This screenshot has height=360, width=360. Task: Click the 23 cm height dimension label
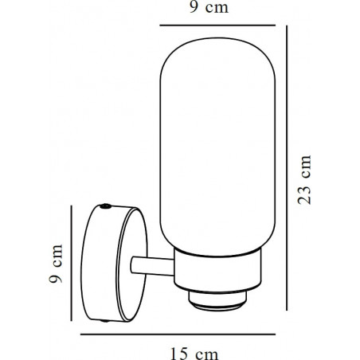tap(304, 180)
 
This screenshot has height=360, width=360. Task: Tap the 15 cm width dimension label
tap(194, 354)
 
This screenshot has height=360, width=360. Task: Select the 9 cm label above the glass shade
tap(209, 7)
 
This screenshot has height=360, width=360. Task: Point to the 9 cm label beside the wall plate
tap(56, 264)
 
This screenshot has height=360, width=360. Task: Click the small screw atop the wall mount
tap(105, 206)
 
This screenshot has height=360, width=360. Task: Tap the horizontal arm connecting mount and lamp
tap(152, 266)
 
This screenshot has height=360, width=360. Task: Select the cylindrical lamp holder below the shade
tap(217, 270)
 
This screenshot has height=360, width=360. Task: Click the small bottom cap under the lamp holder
tap(217, 301)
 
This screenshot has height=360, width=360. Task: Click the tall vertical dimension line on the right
tap(287, 168)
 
